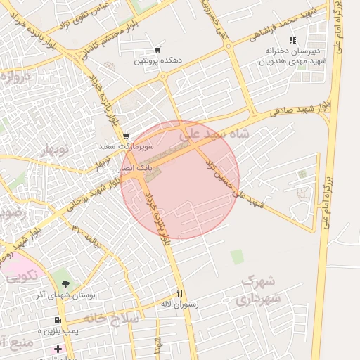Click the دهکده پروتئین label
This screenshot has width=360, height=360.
tap(158, 62)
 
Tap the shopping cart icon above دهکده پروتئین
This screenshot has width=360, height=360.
tap(157, 50)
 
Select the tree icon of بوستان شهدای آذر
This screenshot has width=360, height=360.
tap(66, 284)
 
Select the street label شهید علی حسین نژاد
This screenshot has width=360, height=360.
tap(232, 183)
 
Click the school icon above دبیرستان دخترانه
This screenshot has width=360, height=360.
tap(292, 41)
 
